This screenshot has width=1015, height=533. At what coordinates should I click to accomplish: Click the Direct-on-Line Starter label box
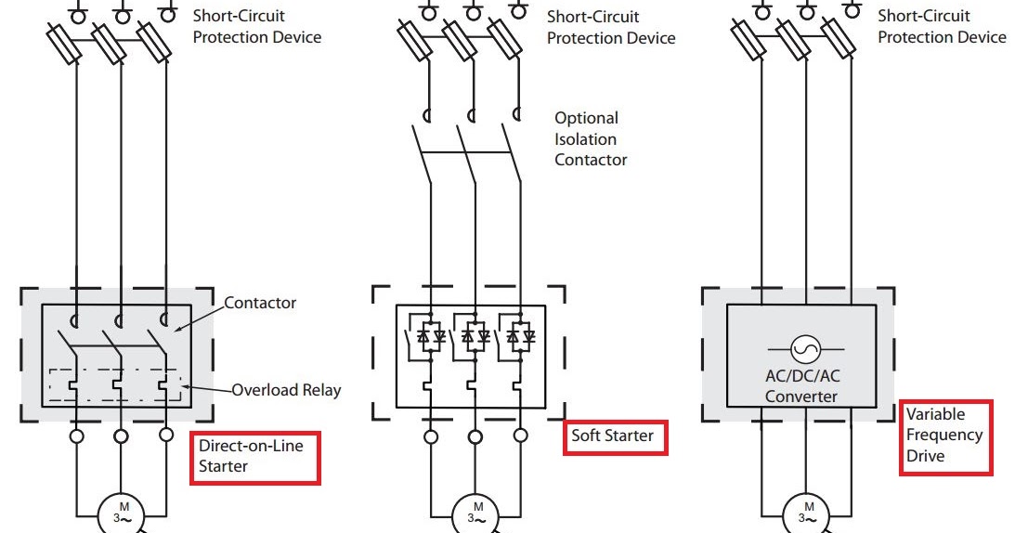pos(255,458)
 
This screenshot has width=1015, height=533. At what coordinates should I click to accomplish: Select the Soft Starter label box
pos(615,437)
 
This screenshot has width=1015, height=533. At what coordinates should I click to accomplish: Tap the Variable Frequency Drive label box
pos(945,437)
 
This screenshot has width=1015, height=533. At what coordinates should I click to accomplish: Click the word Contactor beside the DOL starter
pos(260,303)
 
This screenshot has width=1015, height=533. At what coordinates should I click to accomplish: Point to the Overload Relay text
pos(286,390)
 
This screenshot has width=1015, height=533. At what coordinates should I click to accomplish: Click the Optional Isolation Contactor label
pos(591,138)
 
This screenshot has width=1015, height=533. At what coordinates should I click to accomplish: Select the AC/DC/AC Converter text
pos(801,386)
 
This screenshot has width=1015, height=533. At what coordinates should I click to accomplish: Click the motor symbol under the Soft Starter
pos(477,514)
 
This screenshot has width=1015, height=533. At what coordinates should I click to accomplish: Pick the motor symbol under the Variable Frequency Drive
pos(807,514)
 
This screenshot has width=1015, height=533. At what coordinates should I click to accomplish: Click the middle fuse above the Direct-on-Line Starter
pos(109,45)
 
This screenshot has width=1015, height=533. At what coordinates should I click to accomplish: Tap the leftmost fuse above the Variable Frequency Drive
pos(748,40)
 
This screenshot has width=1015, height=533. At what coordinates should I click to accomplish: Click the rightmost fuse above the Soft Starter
pos(505,40)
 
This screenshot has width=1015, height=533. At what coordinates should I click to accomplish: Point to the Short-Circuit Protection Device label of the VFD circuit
pos(942,27)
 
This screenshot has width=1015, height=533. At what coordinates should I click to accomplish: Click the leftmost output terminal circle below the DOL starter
pos(76,436)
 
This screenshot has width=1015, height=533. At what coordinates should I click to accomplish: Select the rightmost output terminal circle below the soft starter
pos(520,436)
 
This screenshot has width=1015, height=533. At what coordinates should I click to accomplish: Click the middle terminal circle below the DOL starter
pos(121,436)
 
